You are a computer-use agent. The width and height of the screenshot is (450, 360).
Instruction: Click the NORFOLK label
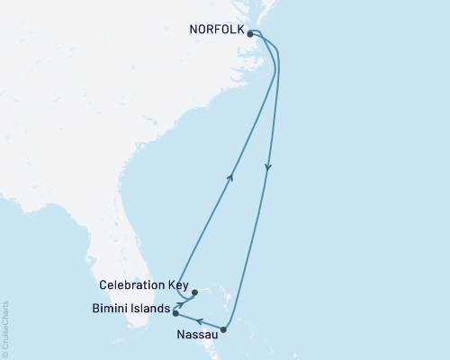(x=216, y=29)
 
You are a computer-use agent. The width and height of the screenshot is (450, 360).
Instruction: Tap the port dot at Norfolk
(x=250, y=34)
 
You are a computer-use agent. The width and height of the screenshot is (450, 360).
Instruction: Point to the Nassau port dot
(x=224, y=329)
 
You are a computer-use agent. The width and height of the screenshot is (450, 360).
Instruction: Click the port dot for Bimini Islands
(x=175, y=313)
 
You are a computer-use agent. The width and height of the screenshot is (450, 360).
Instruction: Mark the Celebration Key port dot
(x=194, y=292)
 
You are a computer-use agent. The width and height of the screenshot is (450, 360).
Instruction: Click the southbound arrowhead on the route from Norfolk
(x=268, y=167)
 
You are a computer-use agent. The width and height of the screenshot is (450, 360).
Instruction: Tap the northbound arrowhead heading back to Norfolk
(x=231, y=177)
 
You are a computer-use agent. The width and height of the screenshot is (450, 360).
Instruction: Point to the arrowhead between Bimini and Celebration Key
(x=180, y=304)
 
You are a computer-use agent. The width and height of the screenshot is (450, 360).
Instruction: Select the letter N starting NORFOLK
(x=193, y=29)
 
